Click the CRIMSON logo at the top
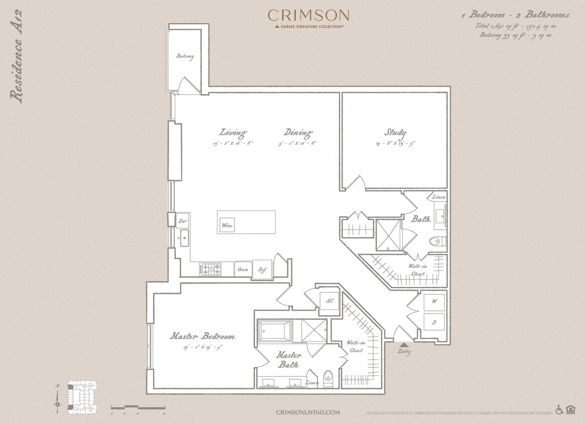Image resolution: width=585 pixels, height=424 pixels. tap(308, 16)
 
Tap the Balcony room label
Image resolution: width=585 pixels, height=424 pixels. tap(185, 57)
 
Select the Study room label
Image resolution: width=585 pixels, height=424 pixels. tap(395, 133)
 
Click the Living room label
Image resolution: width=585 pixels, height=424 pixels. tap(233, 133)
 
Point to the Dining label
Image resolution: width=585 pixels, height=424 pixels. tap(298, 133)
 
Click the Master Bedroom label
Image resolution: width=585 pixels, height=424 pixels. tap(202, 336)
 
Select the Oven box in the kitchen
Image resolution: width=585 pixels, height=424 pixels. tap(243, 269)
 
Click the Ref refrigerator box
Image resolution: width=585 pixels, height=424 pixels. tap(262, 269)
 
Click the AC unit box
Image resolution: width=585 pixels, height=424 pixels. tap(330, 301)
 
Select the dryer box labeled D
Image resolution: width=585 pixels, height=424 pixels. tap(434, 322)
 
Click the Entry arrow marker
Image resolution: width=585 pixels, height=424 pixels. tap(404, 345)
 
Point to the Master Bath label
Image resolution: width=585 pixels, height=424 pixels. tap(289, 360)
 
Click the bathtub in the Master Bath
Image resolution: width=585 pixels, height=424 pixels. tap(274, 332)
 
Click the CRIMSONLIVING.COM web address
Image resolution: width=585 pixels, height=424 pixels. tap(308, 412)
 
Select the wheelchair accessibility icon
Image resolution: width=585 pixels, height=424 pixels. tap(559, 410)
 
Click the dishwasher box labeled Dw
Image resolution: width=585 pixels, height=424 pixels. tap(182, 221)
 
